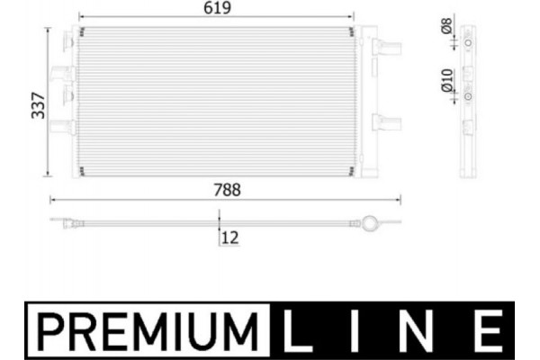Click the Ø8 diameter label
447,28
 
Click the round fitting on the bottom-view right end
369,221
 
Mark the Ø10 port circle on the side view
470,93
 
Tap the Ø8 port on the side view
470,41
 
